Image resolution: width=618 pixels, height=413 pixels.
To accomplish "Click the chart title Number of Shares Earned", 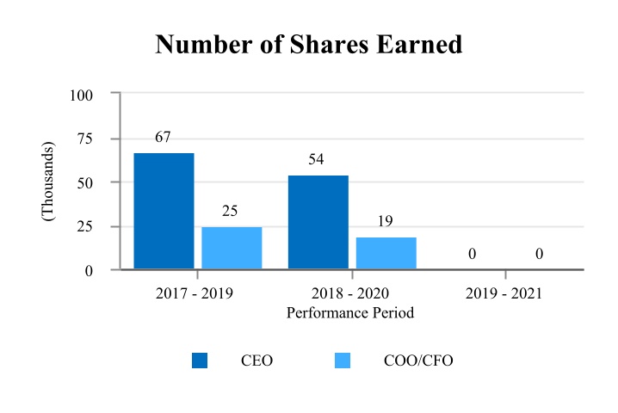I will coord(309,45).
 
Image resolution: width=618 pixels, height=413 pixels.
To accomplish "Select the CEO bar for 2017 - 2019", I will coord(164,211).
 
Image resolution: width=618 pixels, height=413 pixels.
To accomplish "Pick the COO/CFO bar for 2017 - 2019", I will coord(232,248).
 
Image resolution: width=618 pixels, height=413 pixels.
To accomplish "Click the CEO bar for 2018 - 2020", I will coord(318,222).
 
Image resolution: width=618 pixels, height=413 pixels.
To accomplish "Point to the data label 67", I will coord(164,138).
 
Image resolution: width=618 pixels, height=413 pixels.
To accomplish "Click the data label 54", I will coord(317,160).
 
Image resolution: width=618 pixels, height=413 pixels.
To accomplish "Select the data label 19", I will coord(386,222).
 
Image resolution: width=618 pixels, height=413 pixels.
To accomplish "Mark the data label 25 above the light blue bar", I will coord(230,211).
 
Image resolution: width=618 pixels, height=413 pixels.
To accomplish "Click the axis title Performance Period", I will coord(350,313).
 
